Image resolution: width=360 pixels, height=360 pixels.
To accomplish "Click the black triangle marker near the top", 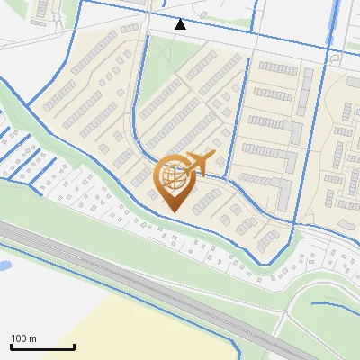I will coord(181,24).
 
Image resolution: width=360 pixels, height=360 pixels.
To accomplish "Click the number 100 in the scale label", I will coord(19,338).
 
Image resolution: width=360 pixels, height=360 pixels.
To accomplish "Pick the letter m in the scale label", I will coord(32,338).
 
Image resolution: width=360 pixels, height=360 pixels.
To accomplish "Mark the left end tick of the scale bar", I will coord(11,346).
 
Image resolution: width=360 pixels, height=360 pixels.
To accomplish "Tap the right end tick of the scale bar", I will coord(74,346).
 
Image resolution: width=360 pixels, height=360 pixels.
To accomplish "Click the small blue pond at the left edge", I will coord(3,266).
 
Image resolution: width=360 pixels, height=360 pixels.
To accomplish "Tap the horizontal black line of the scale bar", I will coord(42,347).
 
